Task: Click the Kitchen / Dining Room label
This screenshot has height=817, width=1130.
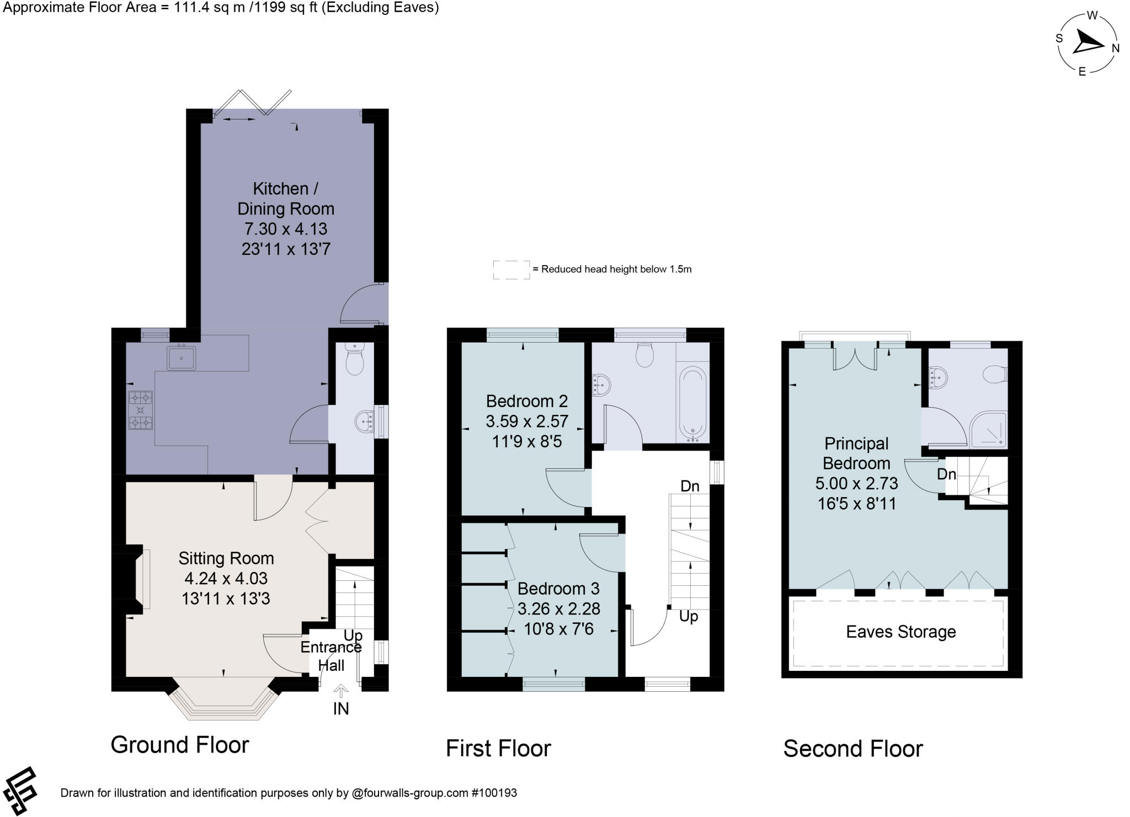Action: point(285,199)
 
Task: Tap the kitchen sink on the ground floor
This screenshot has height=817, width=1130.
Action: point(181,359)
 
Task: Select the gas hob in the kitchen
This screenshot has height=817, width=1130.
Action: point(140,410)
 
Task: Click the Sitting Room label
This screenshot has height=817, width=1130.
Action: point(226,558)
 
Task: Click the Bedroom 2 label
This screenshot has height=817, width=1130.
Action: point(527,401)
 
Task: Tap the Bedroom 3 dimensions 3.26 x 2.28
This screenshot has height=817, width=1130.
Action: point(559,609)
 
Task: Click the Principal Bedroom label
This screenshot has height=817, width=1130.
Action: point(856,453)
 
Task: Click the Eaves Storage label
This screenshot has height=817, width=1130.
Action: point(900,632)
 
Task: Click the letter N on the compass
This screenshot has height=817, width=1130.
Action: point(1116,48)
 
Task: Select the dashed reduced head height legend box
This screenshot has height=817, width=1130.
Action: point(511,270)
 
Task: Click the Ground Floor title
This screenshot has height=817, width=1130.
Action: point(180,745)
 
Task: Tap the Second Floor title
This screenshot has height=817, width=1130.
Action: point(852,749)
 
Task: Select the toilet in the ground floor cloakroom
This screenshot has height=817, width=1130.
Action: point(354,359)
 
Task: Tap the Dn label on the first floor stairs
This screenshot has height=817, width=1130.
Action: point(690,486)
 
